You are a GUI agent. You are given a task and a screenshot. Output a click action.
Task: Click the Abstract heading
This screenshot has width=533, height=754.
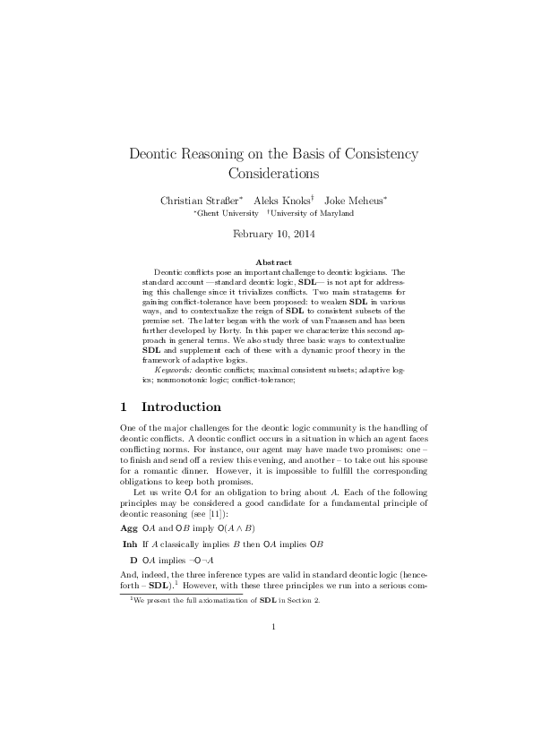point(266,261)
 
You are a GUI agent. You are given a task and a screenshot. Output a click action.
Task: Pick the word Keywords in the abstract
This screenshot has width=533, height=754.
point(175,369)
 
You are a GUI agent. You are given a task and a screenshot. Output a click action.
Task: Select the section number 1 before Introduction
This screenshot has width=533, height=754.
point(125,407)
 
